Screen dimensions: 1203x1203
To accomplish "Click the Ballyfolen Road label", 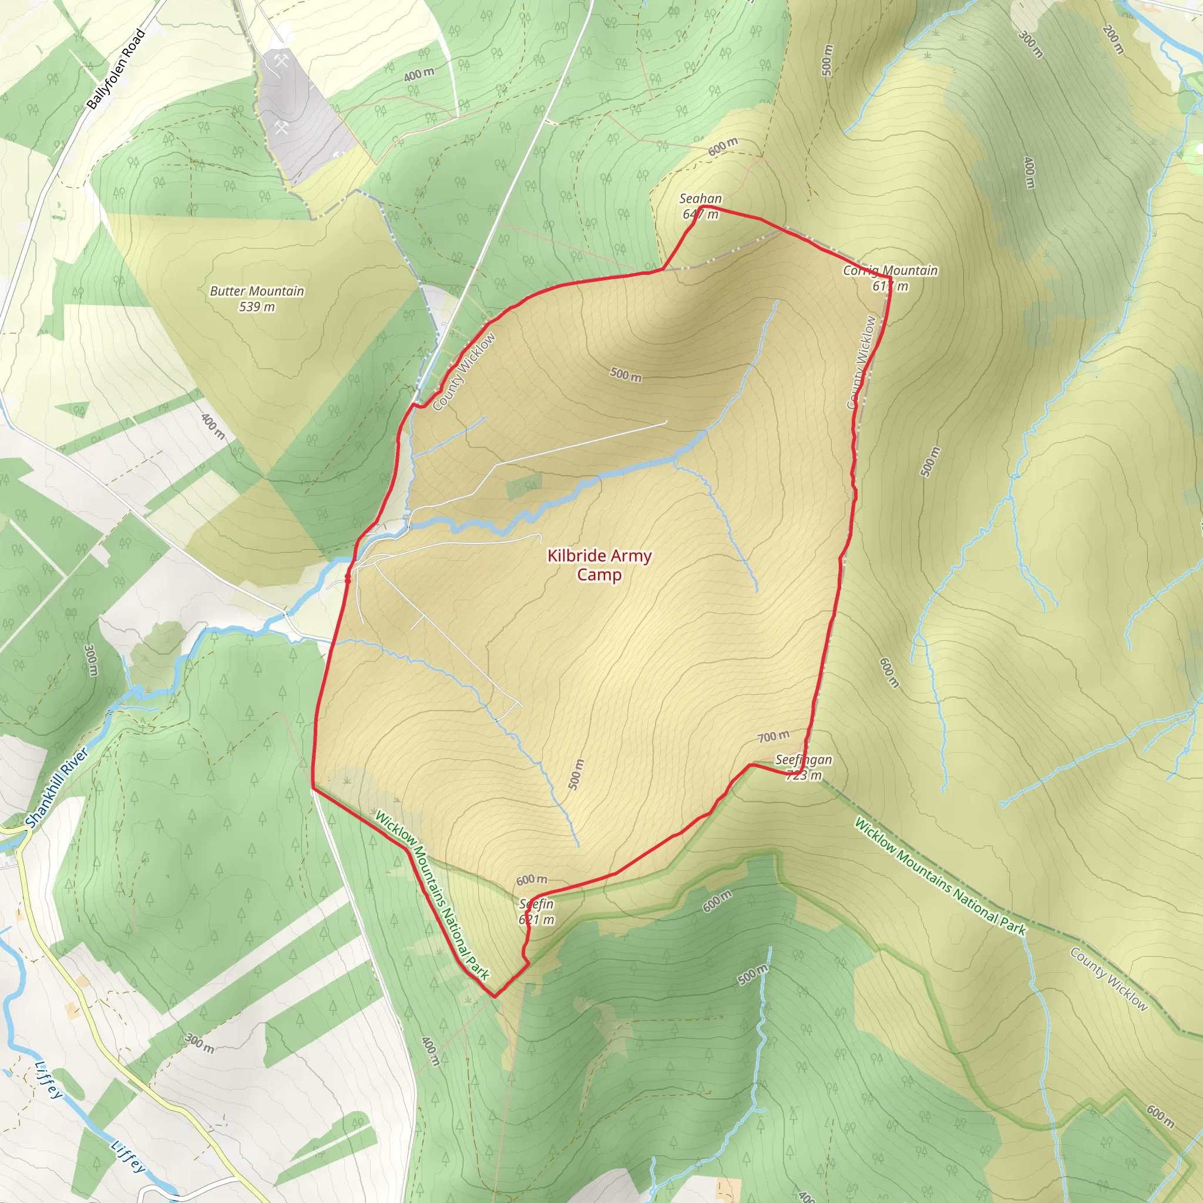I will click(116, 69).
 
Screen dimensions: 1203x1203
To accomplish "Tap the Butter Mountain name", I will click(257, 291).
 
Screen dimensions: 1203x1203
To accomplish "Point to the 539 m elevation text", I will click(257, 307).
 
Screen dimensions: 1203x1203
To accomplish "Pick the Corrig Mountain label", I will click(890, 270).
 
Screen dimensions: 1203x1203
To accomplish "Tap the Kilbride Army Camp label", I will click(599, 564).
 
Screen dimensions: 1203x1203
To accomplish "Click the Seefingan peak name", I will click(803, 760).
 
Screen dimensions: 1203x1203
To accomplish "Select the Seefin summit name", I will click(536, 903).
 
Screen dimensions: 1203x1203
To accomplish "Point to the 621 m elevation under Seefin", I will click(536, 919).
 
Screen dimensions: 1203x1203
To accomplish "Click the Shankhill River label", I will click(58, 789).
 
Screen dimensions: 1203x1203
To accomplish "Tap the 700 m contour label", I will click(773, 737).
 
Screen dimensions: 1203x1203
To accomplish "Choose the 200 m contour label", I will click(1113, 39).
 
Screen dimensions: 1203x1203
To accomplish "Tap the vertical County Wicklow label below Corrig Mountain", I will click(862, 362).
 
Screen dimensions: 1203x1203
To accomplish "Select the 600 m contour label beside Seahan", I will click(723, 146).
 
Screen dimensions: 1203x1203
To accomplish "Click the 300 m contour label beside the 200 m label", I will click(1030, 43).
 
